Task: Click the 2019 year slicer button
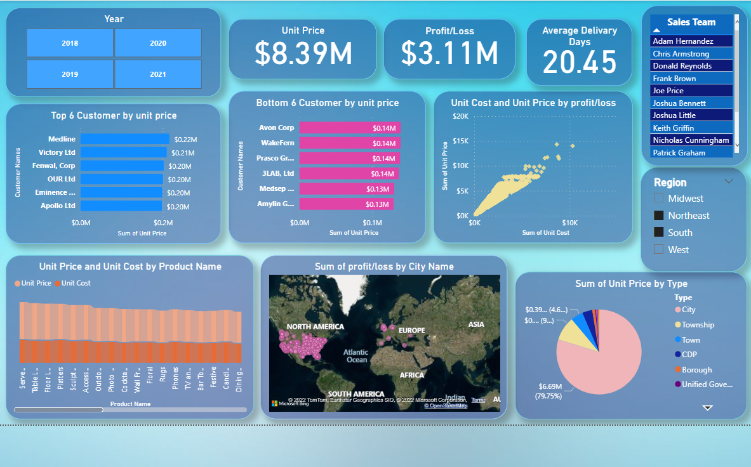(x=70, y=74)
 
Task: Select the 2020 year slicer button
(x=158, y=43)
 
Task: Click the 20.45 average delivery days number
(x=580, y=62)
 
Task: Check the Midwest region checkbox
(x=658, y=199)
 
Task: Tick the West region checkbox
(x=658, y=250)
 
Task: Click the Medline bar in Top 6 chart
(x=124, y=139)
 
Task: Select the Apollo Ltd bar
(x=121, y=206)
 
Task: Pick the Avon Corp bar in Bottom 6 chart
(x=349, y=128)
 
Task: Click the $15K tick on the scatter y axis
(x=460, y=141)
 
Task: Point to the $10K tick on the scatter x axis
(x=569, y=223)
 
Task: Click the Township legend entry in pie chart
(x=698, y=325)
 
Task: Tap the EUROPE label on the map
(x=411, y=331)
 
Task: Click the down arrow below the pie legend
(x=708, y=407)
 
